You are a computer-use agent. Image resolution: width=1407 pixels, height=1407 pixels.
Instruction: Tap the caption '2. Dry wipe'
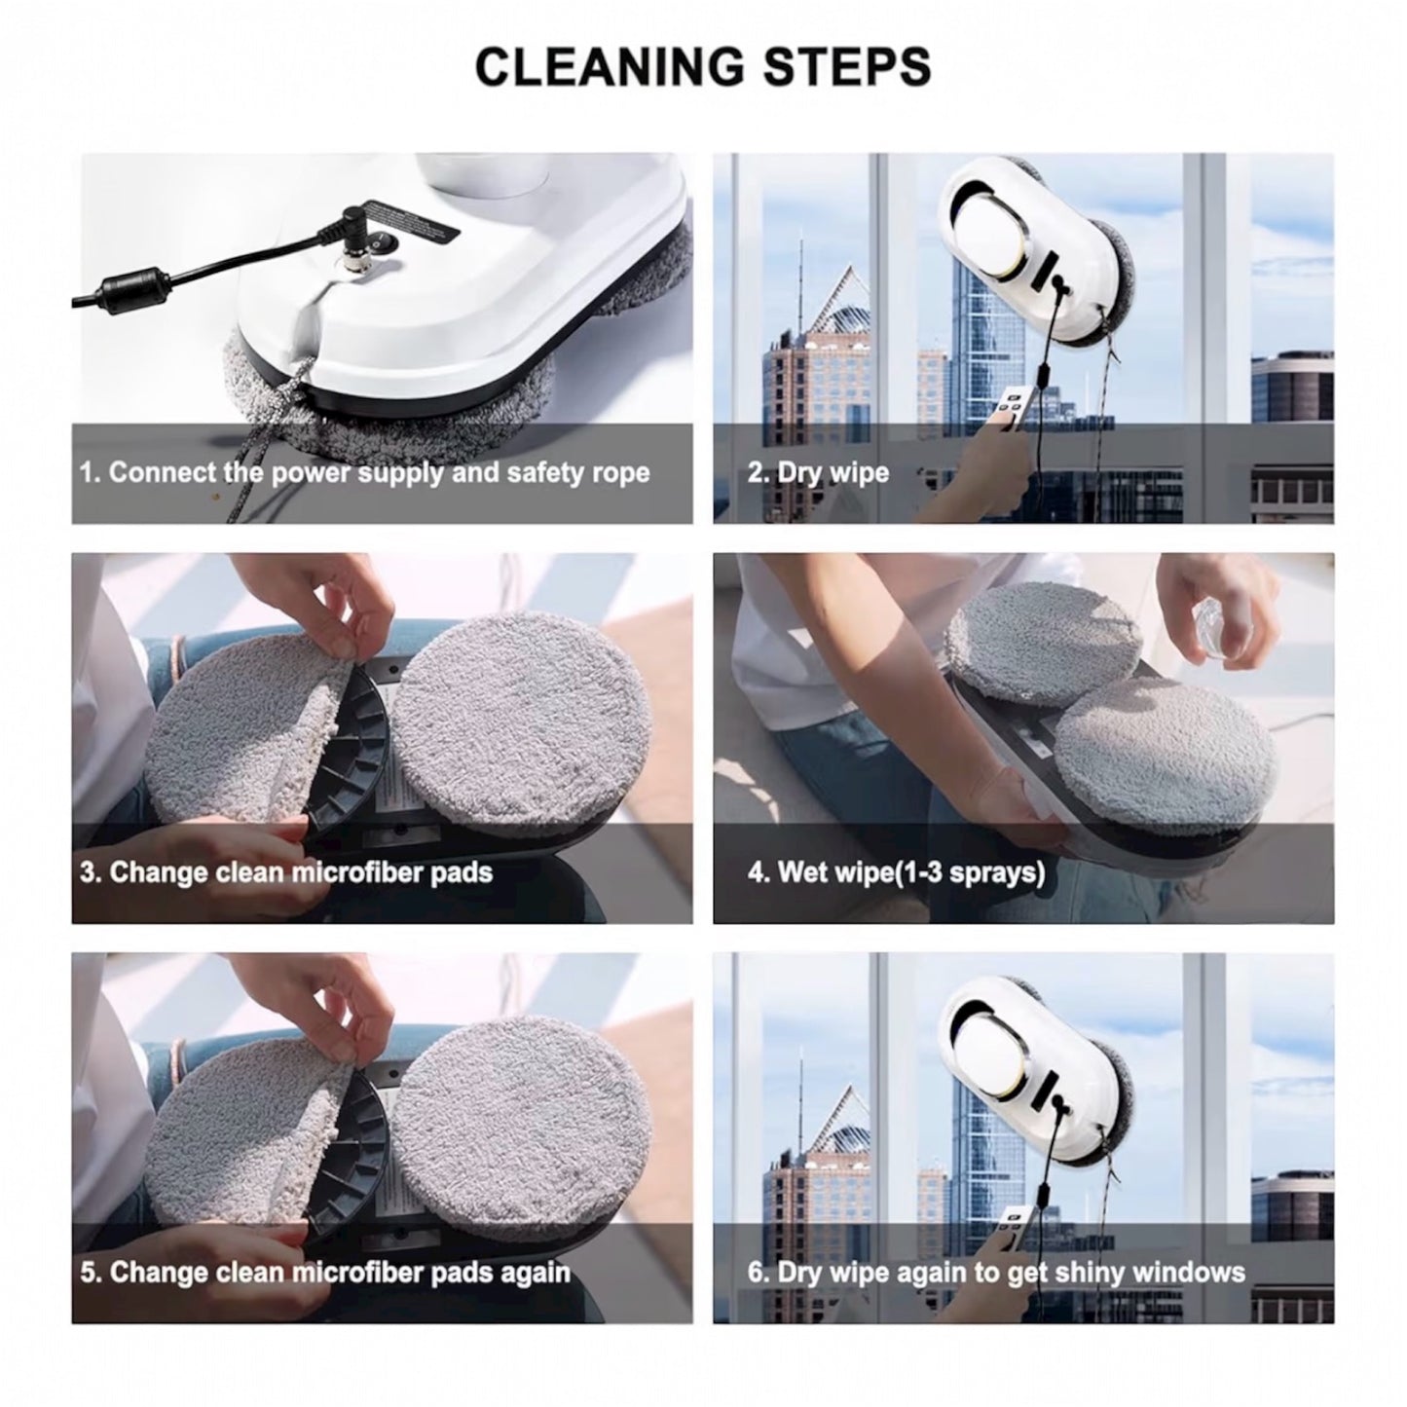click(x=818, y=473)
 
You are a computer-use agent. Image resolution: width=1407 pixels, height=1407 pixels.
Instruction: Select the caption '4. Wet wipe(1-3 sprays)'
click(x=896, y=871)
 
